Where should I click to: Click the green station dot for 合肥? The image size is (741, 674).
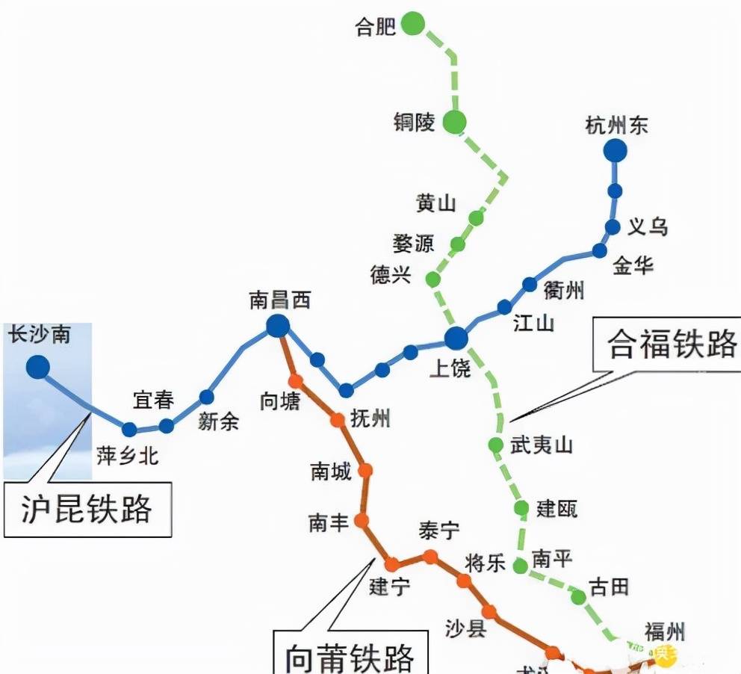click(412, 24)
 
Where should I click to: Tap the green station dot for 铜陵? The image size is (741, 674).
click(454, 121)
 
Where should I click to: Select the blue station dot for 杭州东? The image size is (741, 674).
click(615, 151)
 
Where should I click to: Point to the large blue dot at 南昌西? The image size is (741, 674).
click(278, 326)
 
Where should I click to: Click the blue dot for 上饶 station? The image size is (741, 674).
click(456, 338)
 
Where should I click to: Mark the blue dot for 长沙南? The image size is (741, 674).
click(37, 367)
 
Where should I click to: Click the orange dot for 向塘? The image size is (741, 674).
click(296, 382)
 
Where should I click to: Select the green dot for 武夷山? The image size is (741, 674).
click(496, 445)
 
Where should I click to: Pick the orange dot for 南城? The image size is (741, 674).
click(365, 470)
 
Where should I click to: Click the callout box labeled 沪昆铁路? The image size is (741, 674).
click(87, 510)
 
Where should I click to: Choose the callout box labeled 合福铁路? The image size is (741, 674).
click(666, 344)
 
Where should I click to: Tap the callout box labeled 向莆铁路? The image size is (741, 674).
click(350, 655)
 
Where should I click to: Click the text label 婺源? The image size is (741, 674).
click(413, 244)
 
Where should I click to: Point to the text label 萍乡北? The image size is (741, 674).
click(127, 455)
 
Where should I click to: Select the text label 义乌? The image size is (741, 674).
click(647, 226)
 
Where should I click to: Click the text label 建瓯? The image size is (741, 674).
click(556, 510)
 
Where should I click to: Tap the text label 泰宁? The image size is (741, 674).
click(439, 532)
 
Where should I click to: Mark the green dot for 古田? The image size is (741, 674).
click(578, 596)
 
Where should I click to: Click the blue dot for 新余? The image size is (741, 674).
click(206, 397)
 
